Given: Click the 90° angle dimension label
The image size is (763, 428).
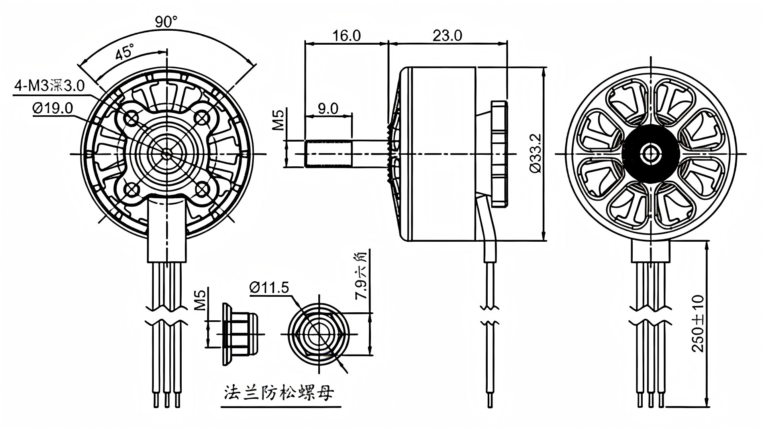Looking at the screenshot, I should point(166,22).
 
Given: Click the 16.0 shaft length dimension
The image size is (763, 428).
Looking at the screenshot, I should point(346,36).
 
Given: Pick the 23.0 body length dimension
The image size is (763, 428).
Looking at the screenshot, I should point(447,36).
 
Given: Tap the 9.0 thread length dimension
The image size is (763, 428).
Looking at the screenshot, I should point(328,108).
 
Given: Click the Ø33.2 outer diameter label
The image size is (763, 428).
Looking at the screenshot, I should point(535,154).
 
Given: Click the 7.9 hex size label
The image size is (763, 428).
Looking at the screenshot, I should point(363,275).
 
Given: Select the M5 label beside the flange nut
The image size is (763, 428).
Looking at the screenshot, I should point(201,300).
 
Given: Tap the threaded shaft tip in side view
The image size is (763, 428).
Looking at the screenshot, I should point(328,154).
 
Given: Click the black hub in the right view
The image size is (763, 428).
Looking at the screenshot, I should point(651,154).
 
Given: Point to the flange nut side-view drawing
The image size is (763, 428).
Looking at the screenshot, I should point(238,334).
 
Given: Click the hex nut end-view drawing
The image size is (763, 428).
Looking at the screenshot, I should point(318,333).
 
